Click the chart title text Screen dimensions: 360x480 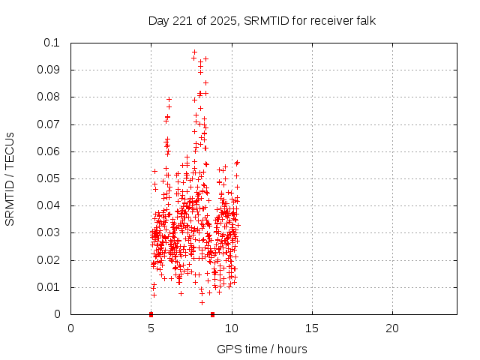coord(262,21)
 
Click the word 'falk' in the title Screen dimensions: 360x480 coord(365,21)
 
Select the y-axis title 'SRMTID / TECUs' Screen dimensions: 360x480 coord(10,178)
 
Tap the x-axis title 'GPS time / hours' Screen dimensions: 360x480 coord(262,349)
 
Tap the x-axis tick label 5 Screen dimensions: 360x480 coord(151,328)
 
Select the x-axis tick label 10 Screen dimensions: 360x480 coord(232,328)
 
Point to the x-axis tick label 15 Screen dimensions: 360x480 coord(312,328)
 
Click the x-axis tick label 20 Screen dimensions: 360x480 coord(392,328)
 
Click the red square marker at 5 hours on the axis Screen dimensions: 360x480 coord(151,313)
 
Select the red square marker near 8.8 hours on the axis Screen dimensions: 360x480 coord(212,313)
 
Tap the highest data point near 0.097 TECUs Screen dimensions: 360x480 coord(194,52)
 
